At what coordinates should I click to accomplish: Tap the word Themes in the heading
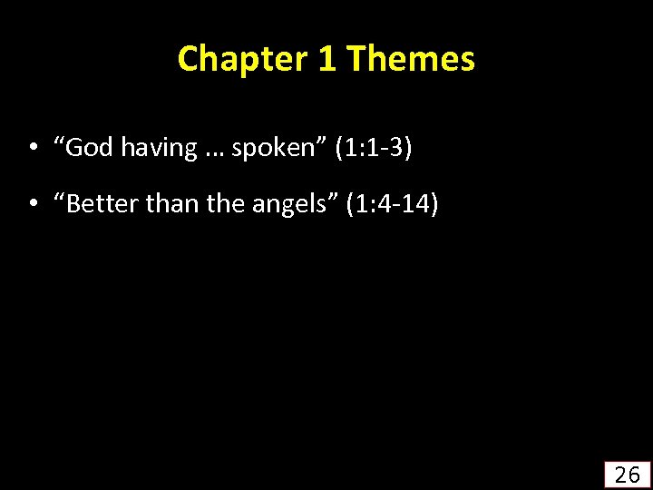click(411, 60)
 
